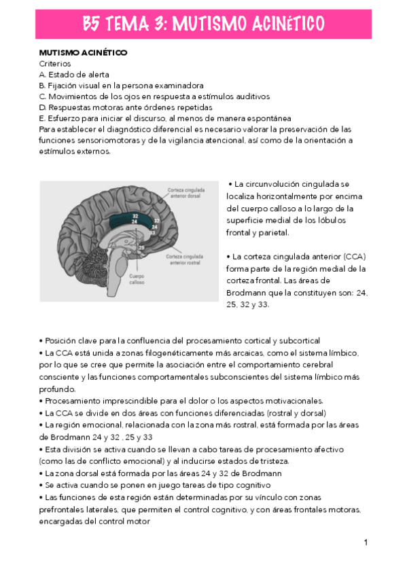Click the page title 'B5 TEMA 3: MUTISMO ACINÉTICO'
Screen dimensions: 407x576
[203, 24]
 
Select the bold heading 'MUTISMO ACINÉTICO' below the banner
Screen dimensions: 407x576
[83, 52]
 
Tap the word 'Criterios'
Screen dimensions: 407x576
[55, 63]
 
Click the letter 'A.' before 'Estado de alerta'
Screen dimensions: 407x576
[43, 74]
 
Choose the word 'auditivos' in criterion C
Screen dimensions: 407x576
[251, 96]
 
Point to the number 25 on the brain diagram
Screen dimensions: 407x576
[141, 248]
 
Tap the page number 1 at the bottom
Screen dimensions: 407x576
[366, 542]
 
